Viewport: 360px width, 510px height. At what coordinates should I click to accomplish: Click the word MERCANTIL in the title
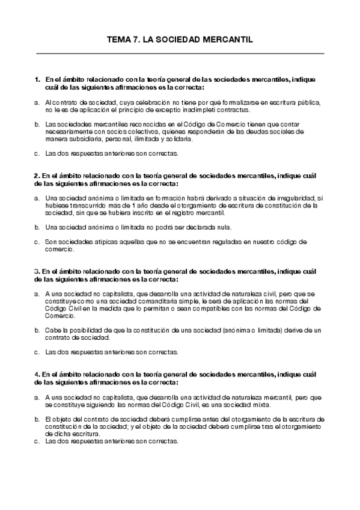pos(227,39)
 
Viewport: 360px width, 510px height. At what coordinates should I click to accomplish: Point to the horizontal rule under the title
pos(180,54)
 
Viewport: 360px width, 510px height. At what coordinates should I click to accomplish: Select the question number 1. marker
pos(37,79)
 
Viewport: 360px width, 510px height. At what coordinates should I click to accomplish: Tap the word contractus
pos(232,110)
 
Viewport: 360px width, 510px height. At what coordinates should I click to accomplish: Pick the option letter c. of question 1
pos(37,153)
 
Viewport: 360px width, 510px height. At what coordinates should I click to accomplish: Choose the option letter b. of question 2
pos(37,227)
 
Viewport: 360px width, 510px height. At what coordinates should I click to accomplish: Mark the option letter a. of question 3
pos(37,294)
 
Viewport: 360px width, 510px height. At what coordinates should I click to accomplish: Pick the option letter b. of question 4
pos(37,419)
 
